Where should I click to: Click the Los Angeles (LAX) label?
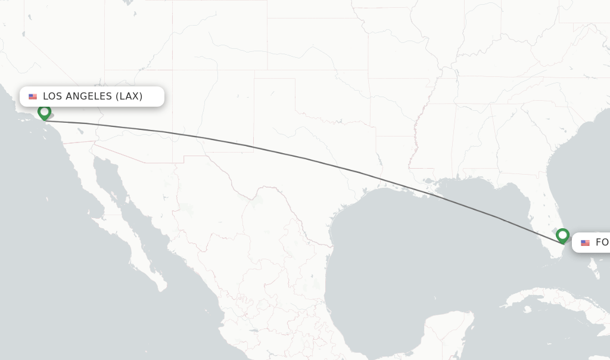click(92, 97)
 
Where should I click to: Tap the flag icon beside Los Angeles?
click(33, 97)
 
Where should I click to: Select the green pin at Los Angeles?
click(44, 112)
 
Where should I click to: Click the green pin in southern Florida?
click(562, 235)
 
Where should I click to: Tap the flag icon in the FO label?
click(585, 243)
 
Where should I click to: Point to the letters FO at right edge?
click(602, 243)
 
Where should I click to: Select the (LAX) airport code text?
click(129, 97)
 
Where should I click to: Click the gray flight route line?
click(304, 158)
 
